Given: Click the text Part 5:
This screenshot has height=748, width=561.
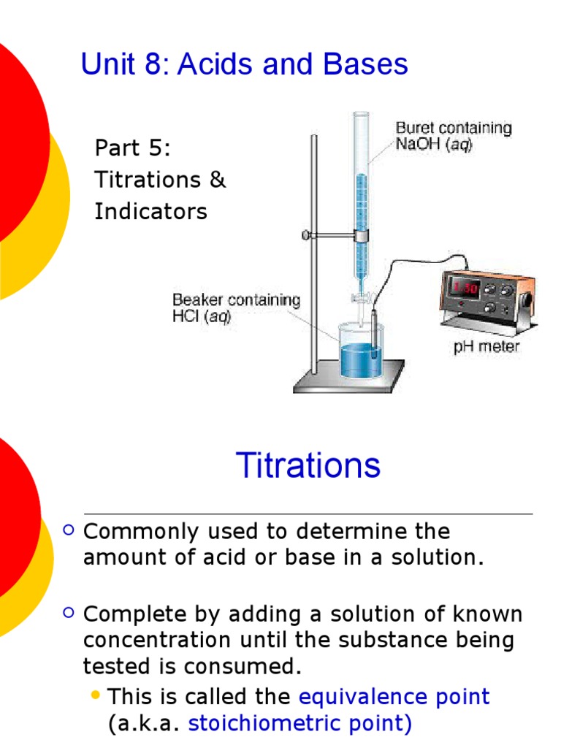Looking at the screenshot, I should [x=133, y=148].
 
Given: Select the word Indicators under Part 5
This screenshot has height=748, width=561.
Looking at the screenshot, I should [x=150, y=212].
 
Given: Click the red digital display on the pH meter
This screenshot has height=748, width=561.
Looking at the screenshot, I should [x=465, y=289].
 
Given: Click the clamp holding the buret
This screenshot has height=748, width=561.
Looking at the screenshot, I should [x=360, y=235].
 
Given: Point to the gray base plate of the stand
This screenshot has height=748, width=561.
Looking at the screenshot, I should [x=349, y=381].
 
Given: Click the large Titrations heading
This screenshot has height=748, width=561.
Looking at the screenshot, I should [x=308, y=465].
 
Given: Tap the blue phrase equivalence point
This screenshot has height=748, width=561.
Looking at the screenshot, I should [x=394, y=696].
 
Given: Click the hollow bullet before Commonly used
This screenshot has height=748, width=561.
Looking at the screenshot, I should [x=69, y=531].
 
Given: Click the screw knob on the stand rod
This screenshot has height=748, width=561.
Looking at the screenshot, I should [x=306, y=235].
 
